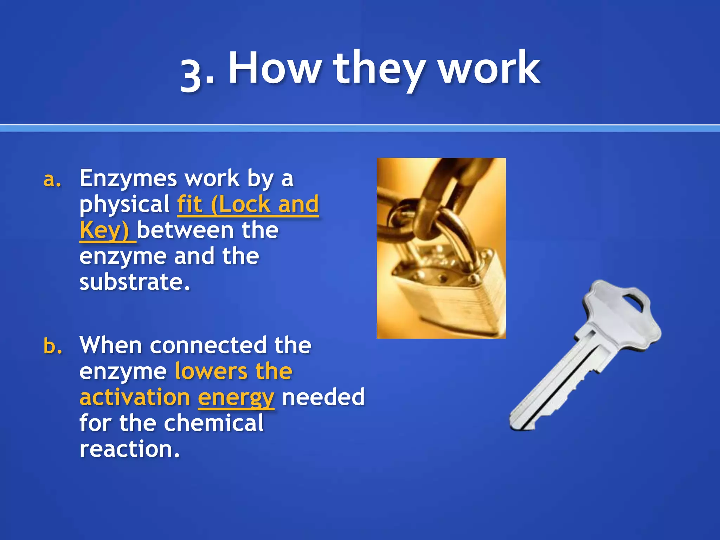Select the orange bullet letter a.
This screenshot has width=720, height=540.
pyautogui.click(x=52, y=179)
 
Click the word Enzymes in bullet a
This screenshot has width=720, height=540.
pyautogui.click(x=128, y=179)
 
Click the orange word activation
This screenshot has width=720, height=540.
pyautogui.click(x=135, y=397)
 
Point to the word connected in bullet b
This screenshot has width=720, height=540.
pyautogui.click(x=208, y=345)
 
